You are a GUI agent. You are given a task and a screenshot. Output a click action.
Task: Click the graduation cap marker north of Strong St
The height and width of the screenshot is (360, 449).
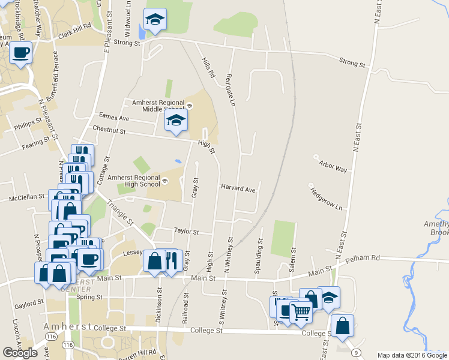[x=155, y=20]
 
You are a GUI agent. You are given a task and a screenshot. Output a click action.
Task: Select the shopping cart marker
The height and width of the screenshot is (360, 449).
[x=301, y=312]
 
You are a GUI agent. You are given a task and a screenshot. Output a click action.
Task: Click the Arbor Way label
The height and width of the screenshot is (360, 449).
[x=333, y=166]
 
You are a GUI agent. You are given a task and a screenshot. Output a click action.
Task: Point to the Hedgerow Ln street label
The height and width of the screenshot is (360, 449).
[x=326, y=199]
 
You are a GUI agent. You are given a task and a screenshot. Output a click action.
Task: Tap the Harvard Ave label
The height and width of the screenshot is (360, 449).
[x=238, y=188]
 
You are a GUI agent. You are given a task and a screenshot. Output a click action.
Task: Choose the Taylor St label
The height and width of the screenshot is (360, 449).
[x=186, y=230]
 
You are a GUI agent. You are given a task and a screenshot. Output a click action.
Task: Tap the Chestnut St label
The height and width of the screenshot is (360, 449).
[x=109, y=130]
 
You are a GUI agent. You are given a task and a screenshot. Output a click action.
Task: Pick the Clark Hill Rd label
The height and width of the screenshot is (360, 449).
[x=74, y=32]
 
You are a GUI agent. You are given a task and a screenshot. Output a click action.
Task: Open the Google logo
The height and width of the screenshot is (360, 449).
[x=20, y=353]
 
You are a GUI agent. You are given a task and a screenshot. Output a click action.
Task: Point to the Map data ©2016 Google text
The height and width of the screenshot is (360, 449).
[x=412, y=355]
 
